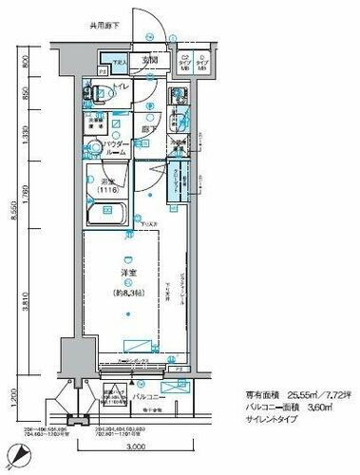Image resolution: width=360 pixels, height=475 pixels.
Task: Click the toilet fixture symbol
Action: pyautogui.click(x=89, y=93)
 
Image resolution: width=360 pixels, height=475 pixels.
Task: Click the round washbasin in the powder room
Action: pyautogui.click(x=93, y=149)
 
